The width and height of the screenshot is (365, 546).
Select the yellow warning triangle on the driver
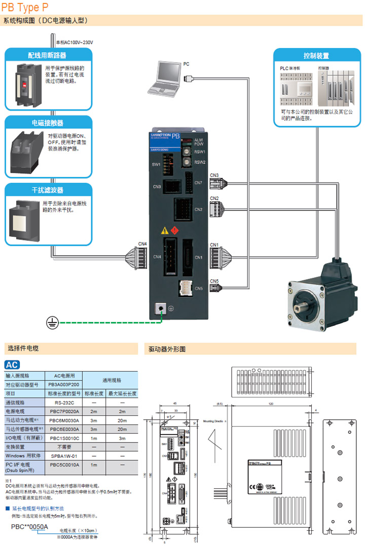click(x=164, y=231)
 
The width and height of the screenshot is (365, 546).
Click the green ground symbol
click(x=52, y=321)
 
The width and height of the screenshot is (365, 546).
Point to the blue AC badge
click(x=12, y=365)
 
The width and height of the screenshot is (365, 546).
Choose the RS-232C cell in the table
click(x=64, y=402)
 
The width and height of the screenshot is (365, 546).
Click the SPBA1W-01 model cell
click(x=64, y=455)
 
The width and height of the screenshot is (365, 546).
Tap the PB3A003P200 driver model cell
click(x=64, y=385)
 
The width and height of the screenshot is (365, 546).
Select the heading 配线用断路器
click(x=47, y=55)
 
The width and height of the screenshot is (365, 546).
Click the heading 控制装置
click(x=316, y=56)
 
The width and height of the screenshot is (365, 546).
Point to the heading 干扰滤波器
click(x=47, y=191)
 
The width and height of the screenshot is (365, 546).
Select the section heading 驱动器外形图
click(x=167, y=349)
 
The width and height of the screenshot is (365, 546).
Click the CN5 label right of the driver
click(x=214, y=281)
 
